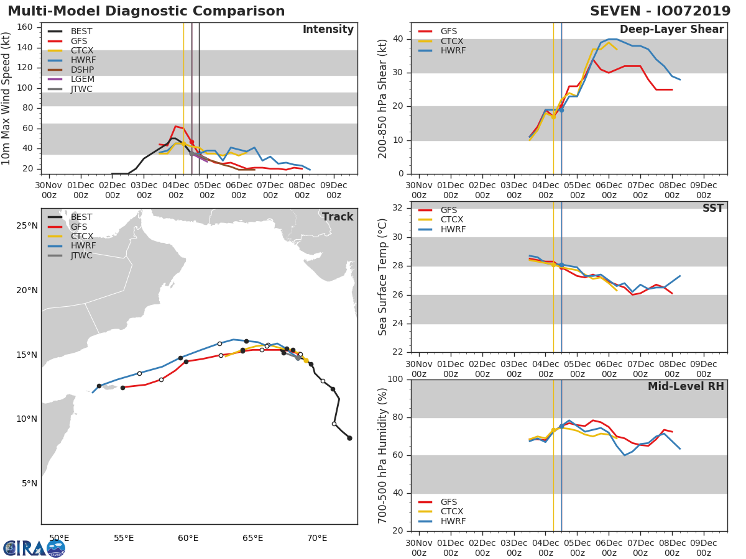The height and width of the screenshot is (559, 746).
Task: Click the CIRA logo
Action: (x=34, y=548)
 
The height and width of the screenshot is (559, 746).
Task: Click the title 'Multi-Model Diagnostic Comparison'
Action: (x=146, y=11)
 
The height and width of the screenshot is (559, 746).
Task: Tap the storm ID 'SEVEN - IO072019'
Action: (x=660, y=11)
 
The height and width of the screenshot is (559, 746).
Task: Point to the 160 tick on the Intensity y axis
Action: (x=24, y=27)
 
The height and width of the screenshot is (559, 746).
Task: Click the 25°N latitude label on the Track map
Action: (x=27, y=225)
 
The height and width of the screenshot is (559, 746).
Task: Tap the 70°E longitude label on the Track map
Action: (x=317, y=538)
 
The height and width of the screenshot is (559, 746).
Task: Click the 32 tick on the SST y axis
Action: (x=398, y=207)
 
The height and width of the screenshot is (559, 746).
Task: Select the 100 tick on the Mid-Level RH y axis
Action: (x=395, y=379)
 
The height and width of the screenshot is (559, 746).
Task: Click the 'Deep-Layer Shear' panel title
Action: (x=671, y=30)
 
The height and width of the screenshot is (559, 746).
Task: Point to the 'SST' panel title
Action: (x=712, y=208)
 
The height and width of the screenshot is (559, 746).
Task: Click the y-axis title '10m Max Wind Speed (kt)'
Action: (x=5, y=98)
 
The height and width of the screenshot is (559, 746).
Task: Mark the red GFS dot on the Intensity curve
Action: (x=191, y=142)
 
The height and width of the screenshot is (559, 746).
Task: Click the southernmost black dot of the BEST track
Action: (x=349, y=438)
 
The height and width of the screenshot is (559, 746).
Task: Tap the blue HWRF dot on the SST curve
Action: (x=561, y=265)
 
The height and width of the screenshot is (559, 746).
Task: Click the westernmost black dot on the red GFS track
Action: (x=122, y=388)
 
